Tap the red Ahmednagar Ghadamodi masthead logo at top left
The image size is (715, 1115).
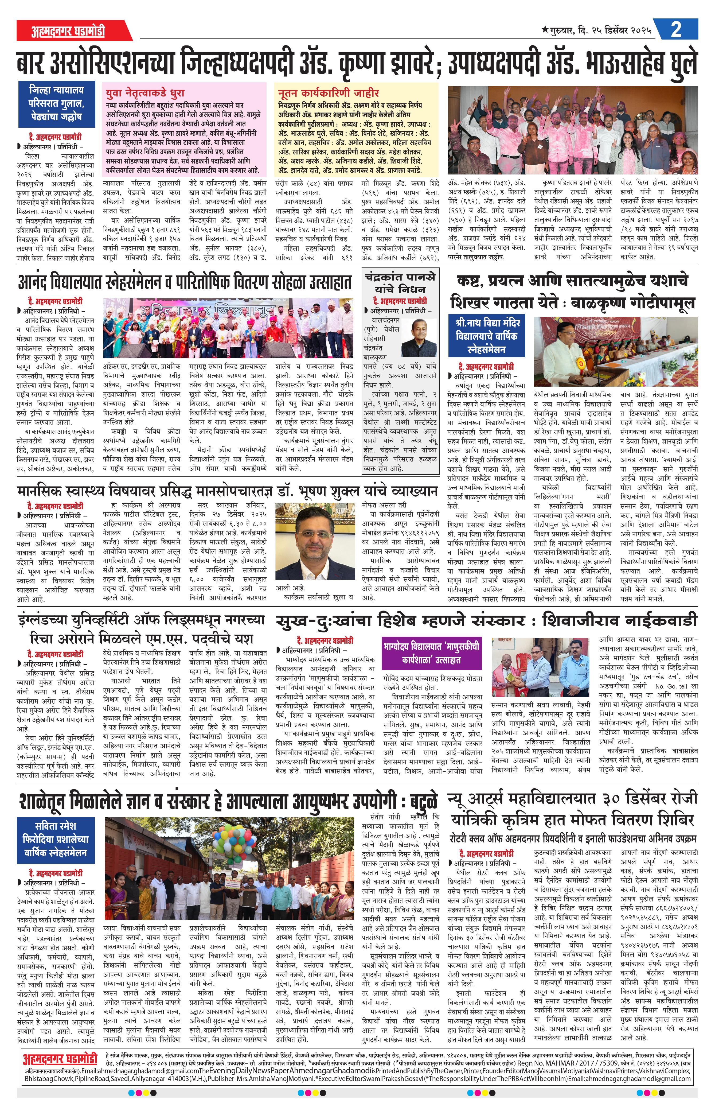(68, 31)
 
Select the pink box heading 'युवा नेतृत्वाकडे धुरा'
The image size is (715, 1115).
(145, 92)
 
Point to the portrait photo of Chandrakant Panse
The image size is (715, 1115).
(418, 337)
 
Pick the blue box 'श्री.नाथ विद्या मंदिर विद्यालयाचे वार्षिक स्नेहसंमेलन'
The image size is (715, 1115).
(486, 335)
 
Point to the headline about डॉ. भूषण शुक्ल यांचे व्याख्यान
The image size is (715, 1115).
(228, 491)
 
